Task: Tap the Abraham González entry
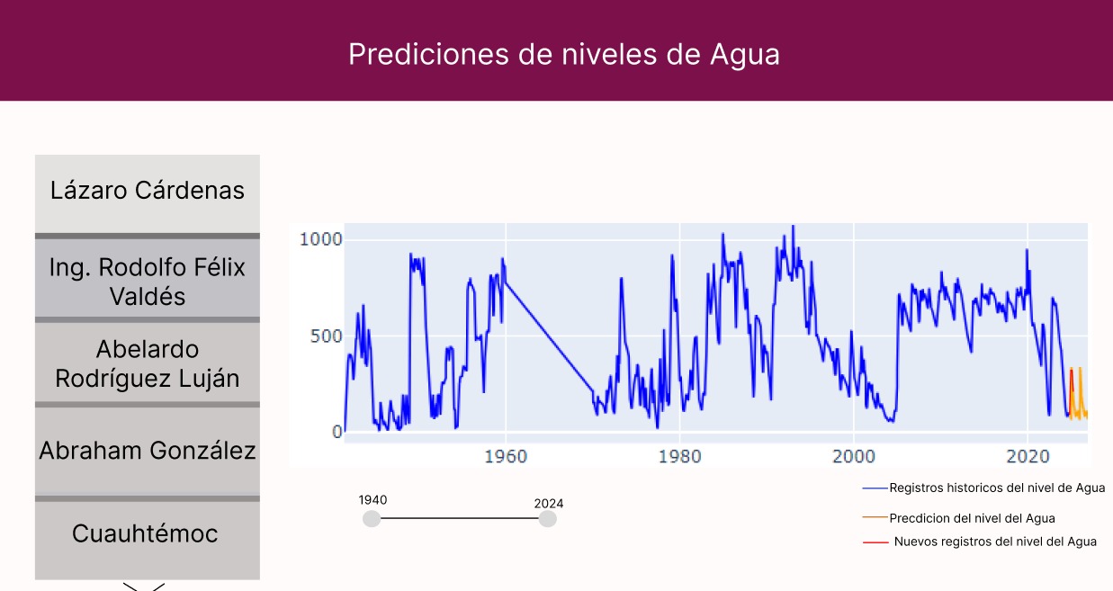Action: tap(147, 451)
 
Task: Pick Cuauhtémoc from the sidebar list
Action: tap(147, 541)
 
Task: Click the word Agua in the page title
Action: tap(745, 55)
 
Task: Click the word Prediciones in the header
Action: tap(428, 54)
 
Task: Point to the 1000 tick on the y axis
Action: tap(320, 239)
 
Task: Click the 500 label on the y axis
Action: tap(326, 336)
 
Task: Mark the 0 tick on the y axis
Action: tap(337, 432)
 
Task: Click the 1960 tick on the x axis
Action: tap(506, 456)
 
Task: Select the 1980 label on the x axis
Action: tap(679, 456)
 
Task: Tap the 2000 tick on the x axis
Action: tap(854, 456)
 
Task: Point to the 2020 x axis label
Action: tap(1028, 456)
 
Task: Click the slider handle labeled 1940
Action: tap(372, 519)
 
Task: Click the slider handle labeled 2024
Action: tap(548, 519)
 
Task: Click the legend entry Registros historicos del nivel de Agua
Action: tap(983, 488)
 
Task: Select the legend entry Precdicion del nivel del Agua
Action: tap(958, 518)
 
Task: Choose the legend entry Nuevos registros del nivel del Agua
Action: tap(979, 542)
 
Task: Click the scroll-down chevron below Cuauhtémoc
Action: tap(144, 587)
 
